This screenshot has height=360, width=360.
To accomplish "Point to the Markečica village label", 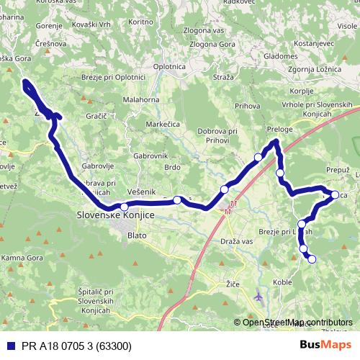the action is click(163, 124).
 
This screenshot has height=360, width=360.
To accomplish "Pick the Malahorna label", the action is click(141, 100).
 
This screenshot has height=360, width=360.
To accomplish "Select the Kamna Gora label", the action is click(24, 257).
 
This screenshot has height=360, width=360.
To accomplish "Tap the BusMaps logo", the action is click(325, 345).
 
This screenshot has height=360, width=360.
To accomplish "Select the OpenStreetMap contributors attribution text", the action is click(297, 322).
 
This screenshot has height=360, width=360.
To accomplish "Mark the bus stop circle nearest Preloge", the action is click(258, 157).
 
